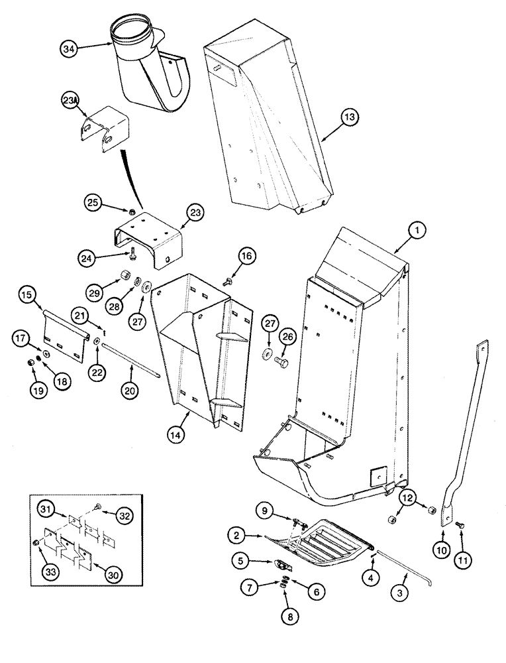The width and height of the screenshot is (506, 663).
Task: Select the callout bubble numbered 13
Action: (350, 117)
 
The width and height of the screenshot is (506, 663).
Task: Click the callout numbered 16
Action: (246, 256)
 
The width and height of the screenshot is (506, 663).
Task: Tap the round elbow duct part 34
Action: (149, 73)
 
